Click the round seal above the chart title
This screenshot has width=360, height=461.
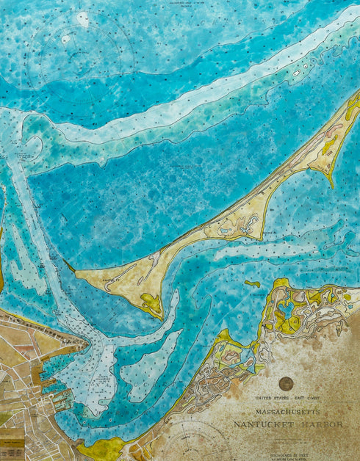pos(286,383)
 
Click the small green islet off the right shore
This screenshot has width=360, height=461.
pos(252,283)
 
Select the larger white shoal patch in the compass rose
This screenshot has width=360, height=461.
pos(82,19)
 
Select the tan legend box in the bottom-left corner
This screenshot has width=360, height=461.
pos(10,439)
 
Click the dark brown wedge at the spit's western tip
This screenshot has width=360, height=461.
pos(70,266)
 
